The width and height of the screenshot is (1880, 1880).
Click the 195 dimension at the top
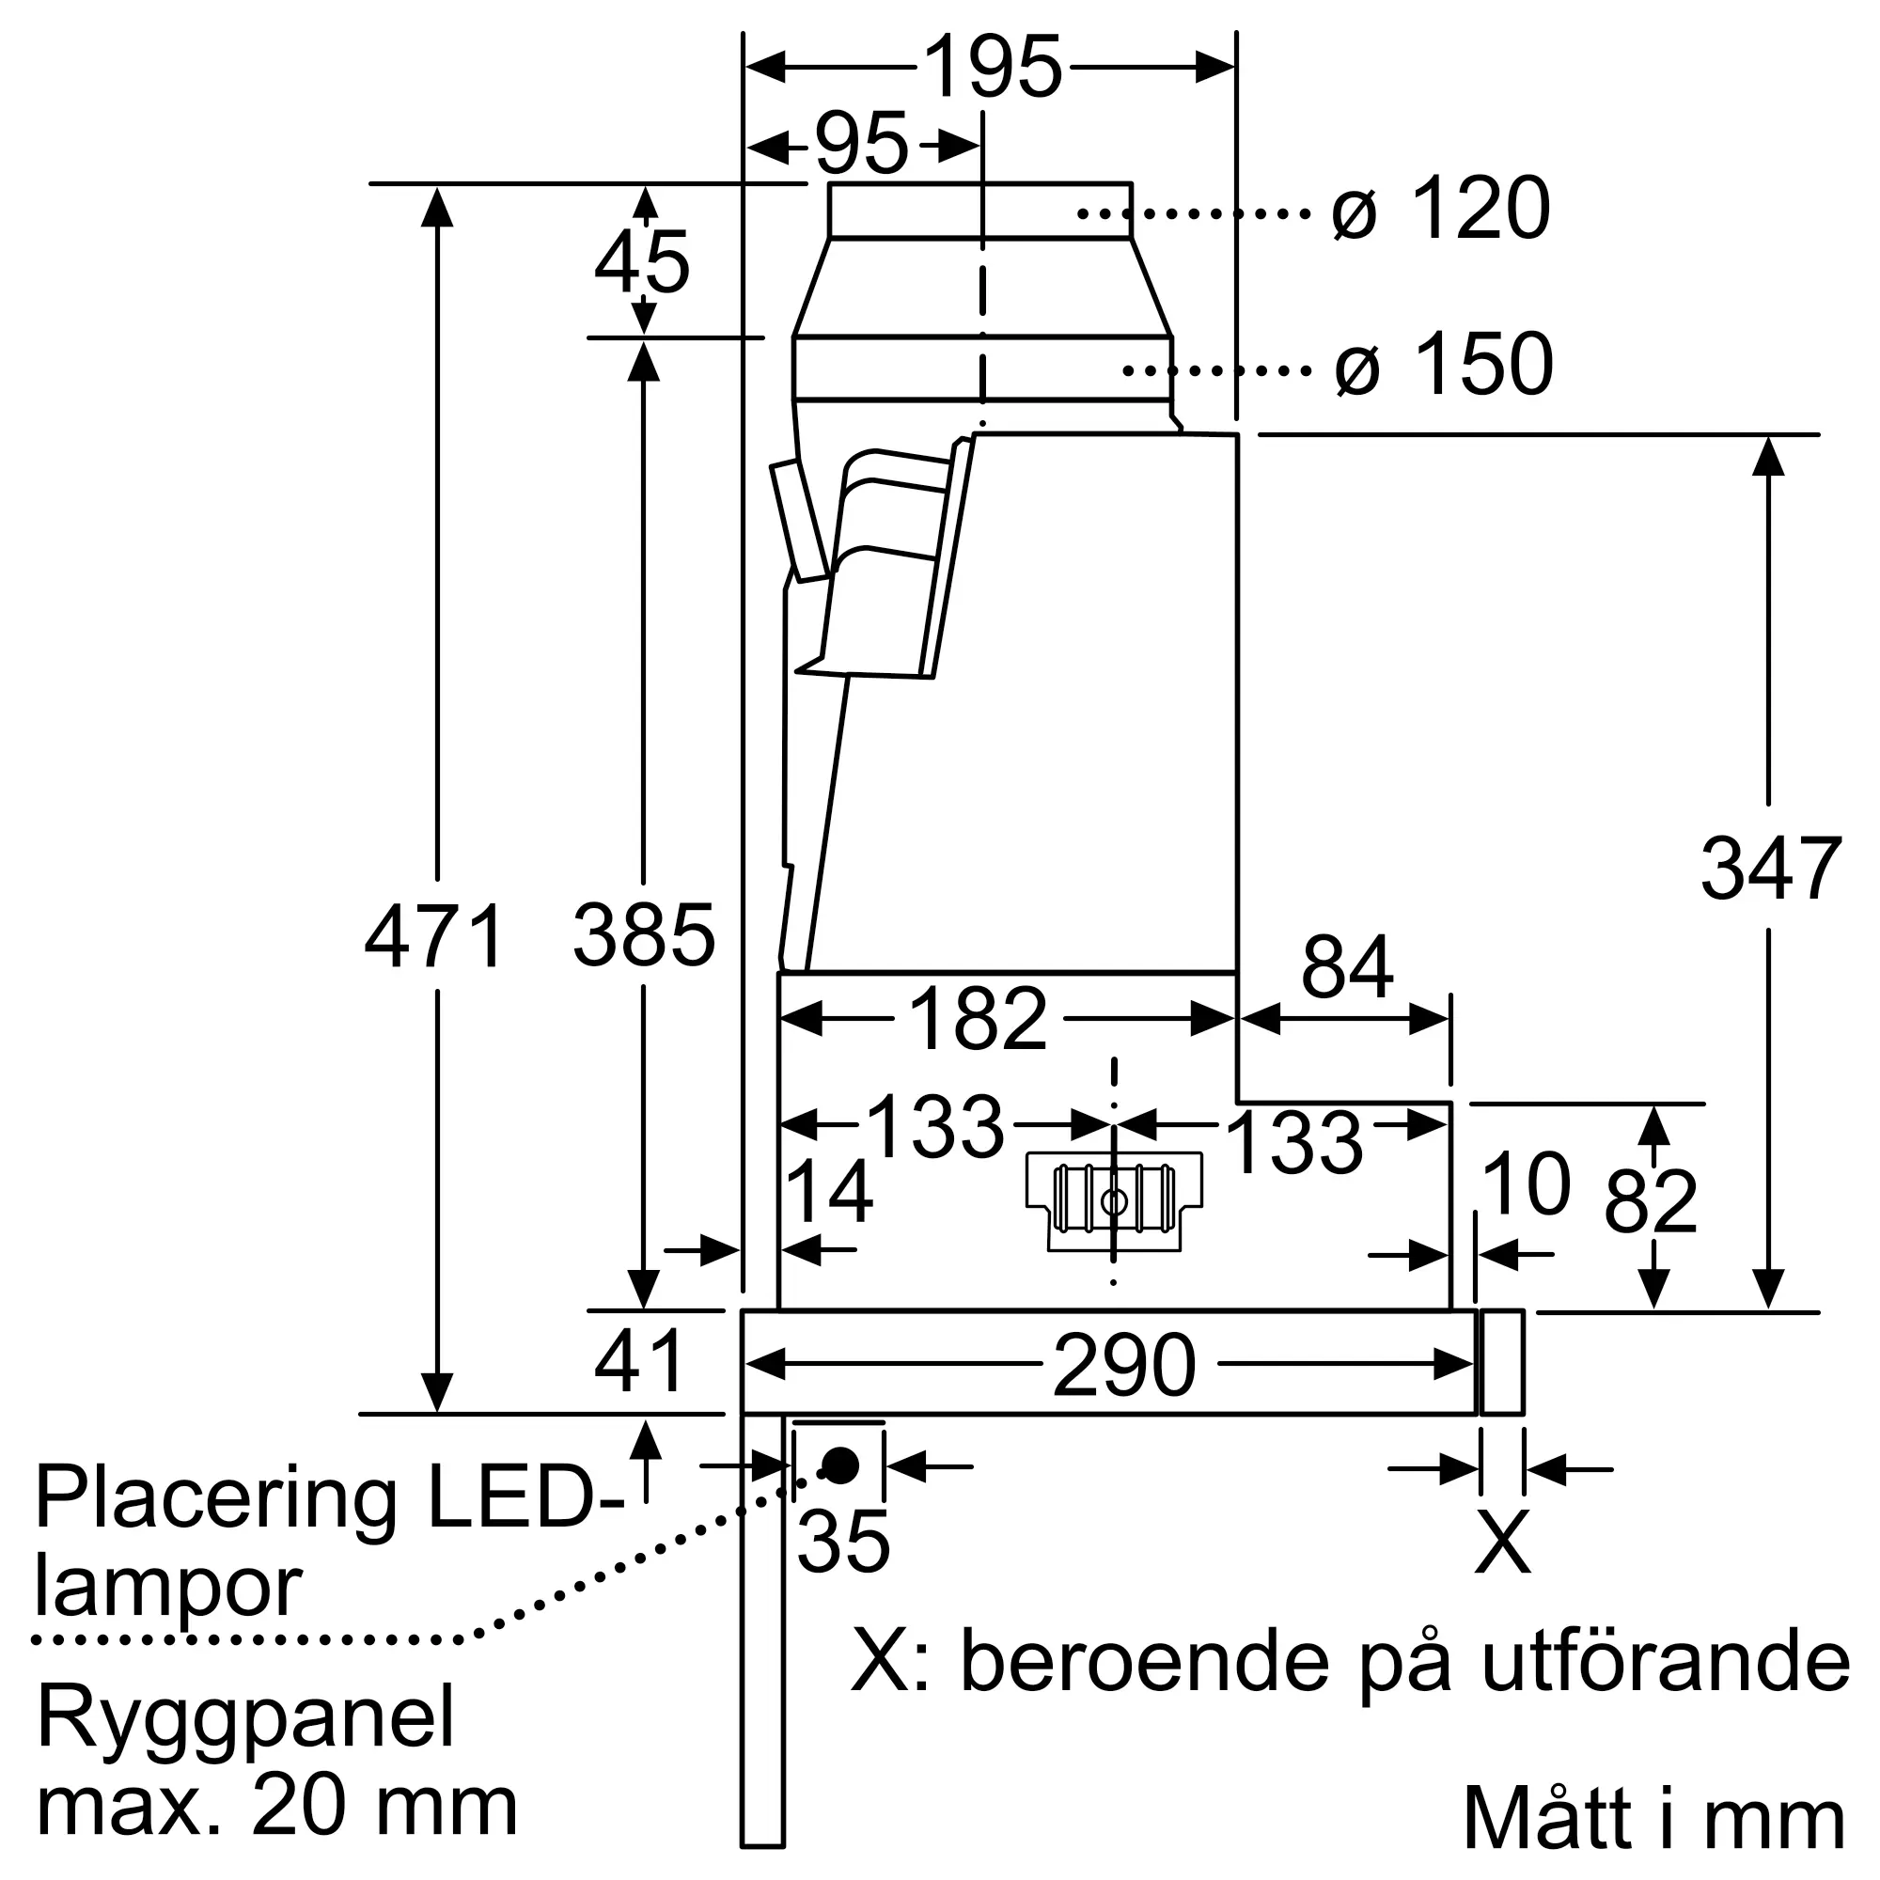(x=992, y=67)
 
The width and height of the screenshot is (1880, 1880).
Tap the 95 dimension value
(x=861, y=146)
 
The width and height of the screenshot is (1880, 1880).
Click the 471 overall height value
(x=434, y=936)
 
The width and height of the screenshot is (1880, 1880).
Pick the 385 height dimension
(x=644, y=936)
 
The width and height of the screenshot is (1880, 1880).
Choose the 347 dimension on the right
(x=1771, y=869)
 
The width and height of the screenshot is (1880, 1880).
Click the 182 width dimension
(x=977, y=1020)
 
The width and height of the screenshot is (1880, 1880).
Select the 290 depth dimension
(x=1124, y=1366)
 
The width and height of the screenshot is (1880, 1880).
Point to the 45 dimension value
(x=642, y=263)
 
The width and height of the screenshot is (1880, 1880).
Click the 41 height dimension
(x=639, y=1362)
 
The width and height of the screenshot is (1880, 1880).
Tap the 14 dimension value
(x=828, y=1191)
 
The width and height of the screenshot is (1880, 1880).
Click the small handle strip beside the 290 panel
(x=1501, y=1362)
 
